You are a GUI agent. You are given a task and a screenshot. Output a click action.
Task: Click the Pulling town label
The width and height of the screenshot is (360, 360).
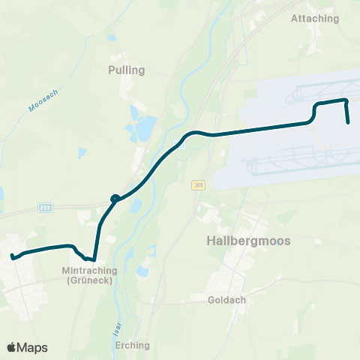[126, 70]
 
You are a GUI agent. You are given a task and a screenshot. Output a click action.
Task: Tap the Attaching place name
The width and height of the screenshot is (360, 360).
[314, 19]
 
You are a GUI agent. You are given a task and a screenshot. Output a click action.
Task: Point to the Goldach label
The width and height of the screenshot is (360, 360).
[226, 298]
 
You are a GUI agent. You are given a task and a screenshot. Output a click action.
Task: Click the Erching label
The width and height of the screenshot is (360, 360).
[133, 346]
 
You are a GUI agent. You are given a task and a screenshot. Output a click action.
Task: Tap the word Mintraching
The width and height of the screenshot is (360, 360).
[88, 270]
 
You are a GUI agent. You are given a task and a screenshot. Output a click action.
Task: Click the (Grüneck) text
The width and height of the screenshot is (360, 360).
[88, 280]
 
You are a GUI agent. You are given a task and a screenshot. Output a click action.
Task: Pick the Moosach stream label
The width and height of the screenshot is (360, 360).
[43, 99]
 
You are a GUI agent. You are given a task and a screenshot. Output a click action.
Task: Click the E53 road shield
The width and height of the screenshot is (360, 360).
[46, 205]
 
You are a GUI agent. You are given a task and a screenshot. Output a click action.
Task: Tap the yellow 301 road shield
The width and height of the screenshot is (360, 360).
[197, 184]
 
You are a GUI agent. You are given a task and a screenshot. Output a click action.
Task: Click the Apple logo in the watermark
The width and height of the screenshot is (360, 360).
[12, 347]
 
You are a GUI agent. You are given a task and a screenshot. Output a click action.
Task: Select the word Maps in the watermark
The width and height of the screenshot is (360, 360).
[34, 347]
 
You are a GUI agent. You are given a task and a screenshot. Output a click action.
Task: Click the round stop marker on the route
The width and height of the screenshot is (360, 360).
[115, 199]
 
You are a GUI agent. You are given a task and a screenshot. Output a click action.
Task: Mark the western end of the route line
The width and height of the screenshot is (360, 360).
[13, 257]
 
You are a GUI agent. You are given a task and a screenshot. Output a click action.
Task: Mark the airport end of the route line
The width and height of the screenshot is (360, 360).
[349, 122]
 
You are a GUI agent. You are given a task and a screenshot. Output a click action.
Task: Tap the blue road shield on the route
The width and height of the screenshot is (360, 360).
[179, 141]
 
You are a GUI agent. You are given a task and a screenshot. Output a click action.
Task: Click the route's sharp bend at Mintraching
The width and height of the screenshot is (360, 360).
[94, 260]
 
